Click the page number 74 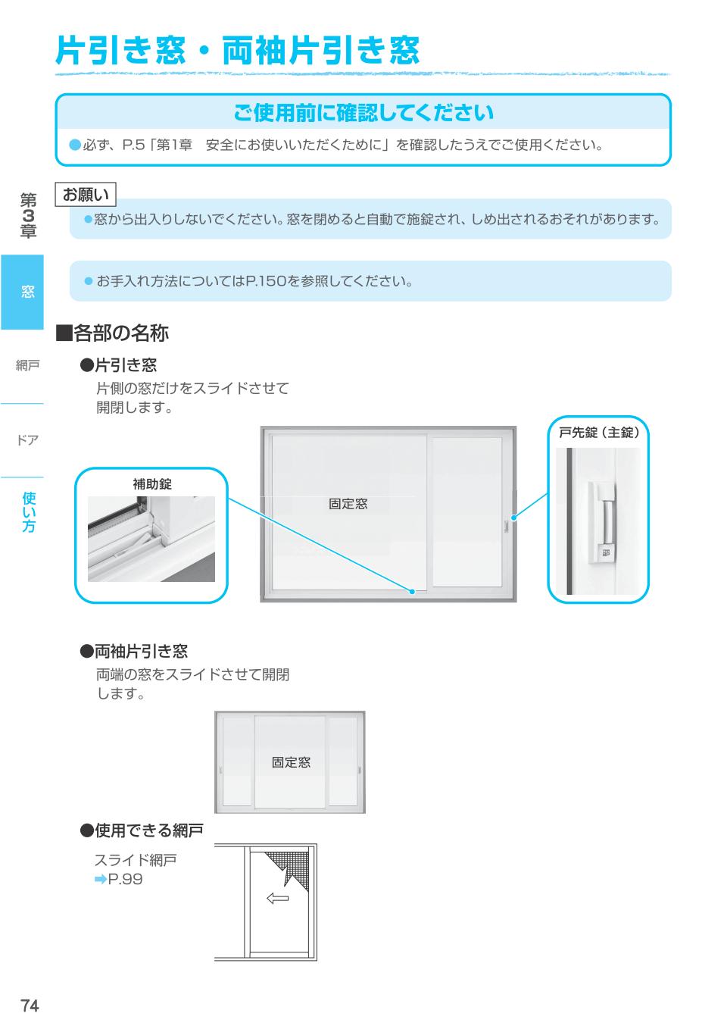[30, 1006]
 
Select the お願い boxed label [86, 195]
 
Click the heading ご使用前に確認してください [363, 113]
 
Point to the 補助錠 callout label [152, 484]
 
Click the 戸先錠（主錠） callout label [598, 433]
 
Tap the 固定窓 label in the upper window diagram [348, 504]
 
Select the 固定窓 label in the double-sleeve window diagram [291, 762]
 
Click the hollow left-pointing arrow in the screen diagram [278, 899]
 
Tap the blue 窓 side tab [27, 292]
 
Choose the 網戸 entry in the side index [27, 366]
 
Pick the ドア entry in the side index [27, 440]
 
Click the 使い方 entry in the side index [29, 512]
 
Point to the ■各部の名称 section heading [113, 333]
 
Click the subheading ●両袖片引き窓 [134, 651]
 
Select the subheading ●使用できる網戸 [142, 831]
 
